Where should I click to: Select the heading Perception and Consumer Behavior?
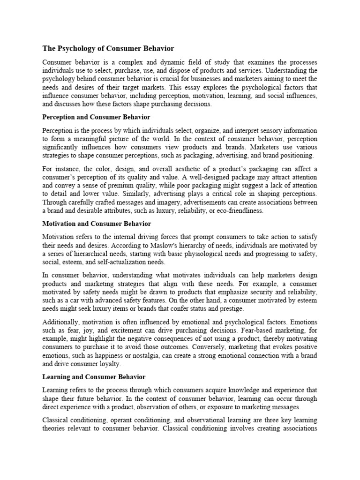pos(96,117)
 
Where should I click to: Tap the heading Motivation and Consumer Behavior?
pos(97,224)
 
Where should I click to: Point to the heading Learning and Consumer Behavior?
pos(94,376)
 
